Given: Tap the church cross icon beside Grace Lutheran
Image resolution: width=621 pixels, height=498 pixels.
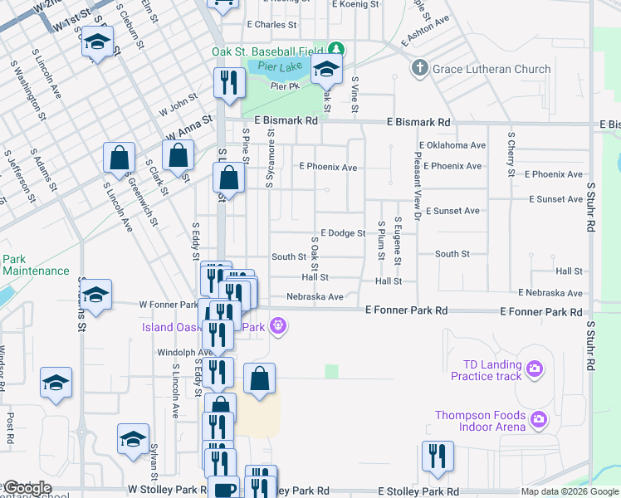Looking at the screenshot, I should tap(421, 68).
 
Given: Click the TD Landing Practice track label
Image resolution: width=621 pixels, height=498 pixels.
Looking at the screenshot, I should tap(486, 370).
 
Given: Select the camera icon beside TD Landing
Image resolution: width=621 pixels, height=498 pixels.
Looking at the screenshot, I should tap(535, 367).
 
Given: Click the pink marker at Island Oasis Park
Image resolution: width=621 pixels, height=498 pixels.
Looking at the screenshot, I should tap(280, 326).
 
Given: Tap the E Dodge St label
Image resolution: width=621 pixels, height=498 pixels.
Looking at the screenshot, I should tap(342, 233).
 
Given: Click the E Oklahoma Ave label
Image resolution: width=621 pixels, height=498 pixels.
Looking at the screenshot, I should tap(452, 145).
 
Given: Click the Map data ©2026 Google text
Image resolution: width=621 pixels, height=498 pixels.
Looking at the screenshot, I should tap(570, 491).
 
